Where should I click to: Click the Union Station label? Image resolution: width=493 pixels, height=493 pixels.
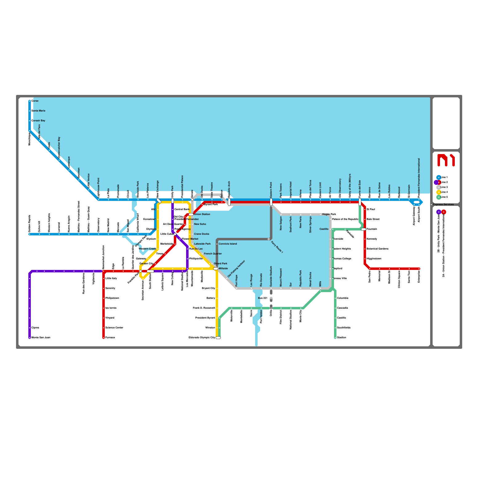(x=202, y=214)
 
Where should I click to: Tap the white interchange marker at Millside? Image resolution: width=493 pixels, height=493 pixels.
(x=216, y=269)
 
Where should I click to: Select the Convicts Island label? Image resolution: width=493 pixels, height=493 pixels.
(x=228, y=244)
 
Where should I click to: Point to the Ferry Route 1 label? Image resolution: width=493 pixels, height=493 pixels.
(x=277, y=247)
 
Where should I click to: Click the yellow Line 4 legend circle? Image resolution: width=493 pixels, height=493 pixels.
(x=439, y=192)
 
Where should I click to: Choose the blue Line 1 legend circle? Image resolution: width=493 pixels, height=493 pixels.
(x=439, y=177)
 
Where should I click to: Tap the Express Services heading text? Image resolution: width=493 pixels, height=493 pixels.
(x=443, y=204)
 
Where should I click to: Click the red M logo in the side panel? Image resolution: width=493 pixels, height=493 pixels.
(x=446, y=160)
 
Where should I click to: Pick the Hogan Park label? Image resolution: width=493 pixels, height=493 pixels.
(x=329, y=214)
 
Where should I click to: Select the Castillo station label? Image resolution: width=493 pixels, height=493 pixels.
(x=324, y=229)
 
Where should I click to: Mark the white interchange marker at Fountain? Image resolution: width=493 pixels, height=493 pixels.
(x=364, y=229)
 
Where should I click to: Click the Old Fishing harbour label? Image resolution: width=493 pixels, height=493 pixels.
(x=236, y=269)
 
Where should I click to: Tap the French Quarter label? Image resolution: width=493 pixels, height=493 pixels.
(x=213, y=254)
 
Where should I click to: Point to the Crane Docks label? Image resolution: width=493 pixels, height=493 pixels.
(x=202, y=234)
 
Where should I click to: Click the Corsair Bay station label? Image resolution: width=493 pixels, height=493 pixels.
(x=39, y=120)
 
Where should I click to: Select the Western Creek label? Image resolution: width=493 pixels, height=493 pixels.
(x=147, y=249)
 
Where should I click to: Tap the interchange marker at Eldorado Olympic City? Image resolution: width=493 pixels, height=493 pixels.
(x=218, y=338)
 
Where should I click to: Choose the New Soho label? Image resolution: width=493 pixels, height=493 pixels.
(x=200, y=224)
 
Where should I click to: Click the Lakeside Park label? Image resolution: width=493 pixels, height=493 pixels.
(x=202, y=244)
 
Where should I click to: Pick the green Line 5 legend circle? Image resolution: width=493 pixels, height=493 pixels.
(x=439, y=197)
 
